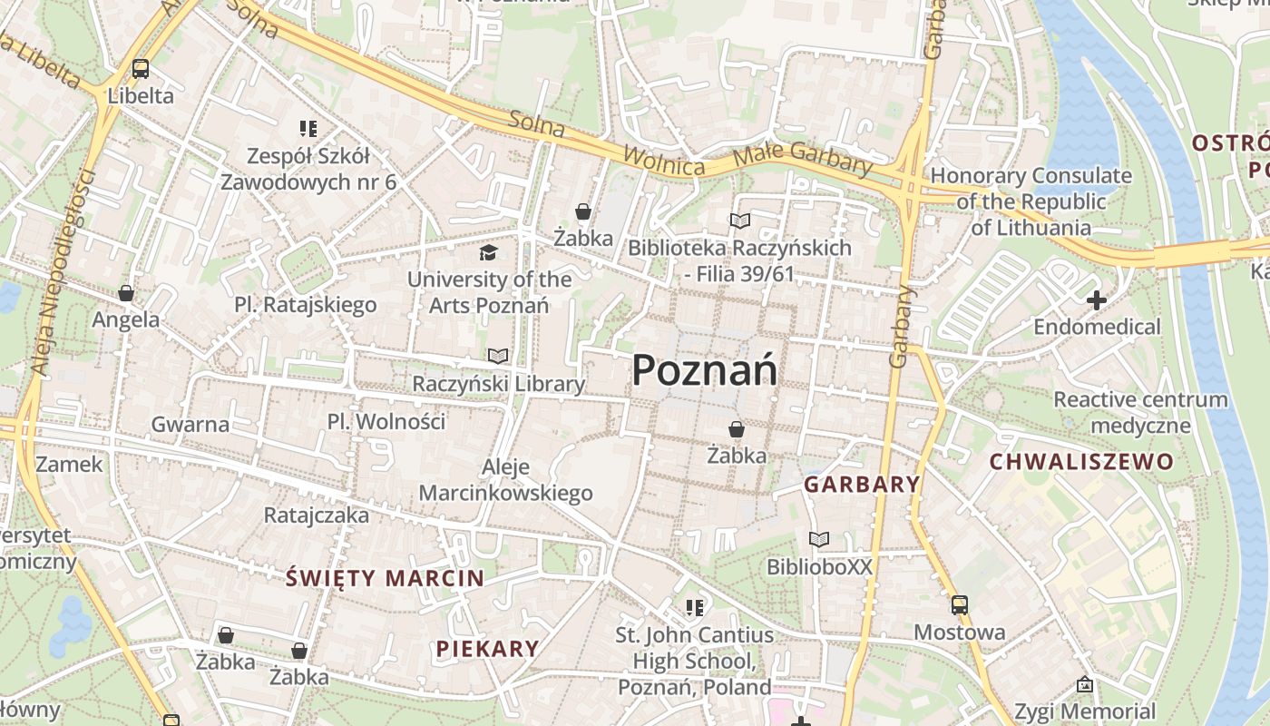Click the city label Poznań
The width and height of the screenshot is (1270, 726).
pyautogui.click(x=704, y=370)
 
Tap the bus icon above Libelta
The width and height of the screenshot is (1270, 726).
pyautogui.click(x=141, y=69)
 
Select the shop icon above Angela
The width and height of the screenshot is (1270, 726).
pyautogui.click(x=126, y=293)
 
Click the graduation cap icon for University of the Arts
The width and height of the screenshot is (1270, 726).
pyautogui.click(x=489, y=252)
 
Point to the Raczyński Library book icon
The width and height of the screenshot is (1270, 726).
pyautogui.click(x=498, y=356)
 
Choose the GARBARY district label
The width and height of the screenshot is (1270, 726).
pyautogui.click(x=862, y=485)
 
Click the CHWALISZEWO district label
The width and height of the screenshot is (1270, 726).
pyautogui.click(x=1081, y=462)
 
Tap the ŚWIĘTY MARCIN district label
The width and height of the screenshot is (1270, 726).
pyautogui.click(x=385, y=578)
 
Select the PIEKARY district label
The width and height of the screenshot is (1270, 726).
pyautogui.click(x=487, y=649)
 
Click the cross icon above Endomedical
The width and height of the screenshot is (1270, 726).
pyautogui.click(x=1097, y=299)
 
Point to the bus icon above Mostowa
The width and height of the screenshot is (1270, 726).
pyautogui.click(x=960, y=604)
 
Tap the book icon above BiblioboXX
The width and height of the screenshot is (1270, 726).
pyautogui.click(x=819, y=539)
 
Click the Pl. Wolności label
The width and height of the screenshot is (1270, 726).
pyautogui.click(x=386, y=422)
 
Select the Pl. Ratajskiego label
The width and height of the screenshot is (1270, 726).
pyautogui.click(x=305, y=305)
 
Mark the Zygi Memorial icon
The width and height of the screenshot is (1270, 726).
pyautogui.click(x=1085, y=685)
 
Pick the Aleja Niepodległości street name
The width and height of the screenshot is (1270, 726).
pyautogui.click(x=63, y=272)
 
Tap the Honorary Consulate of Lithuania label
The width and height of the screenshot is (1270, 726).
pyautogui.click(x=1031, y=201)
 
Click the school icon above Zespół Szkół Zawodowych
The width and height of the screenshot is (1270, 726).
pyautogui.click(x=308, y=129)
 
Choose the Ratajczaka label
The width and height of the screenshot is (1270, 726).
pyautogui.click(x=317, y=515)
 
